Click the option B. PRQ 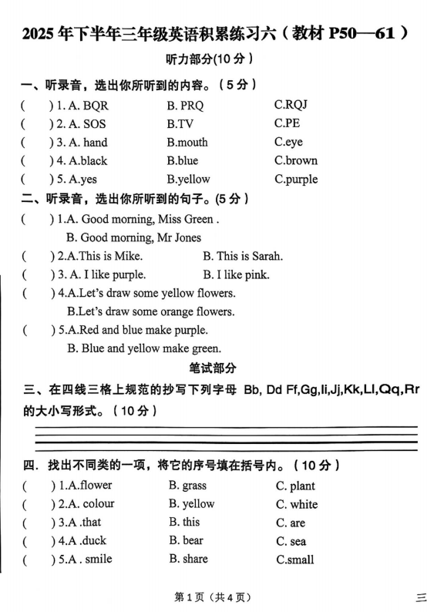click(184, 106)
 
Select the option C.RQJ click(291, 105)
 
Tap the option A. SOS click(84, 124)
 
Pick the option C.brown click(296, 161)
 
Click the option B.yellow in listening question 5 click(188, 180)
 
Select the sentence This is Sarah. click(243, 256)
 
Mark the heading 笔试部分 click(213, 368)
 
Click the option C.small click(294, 560)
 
